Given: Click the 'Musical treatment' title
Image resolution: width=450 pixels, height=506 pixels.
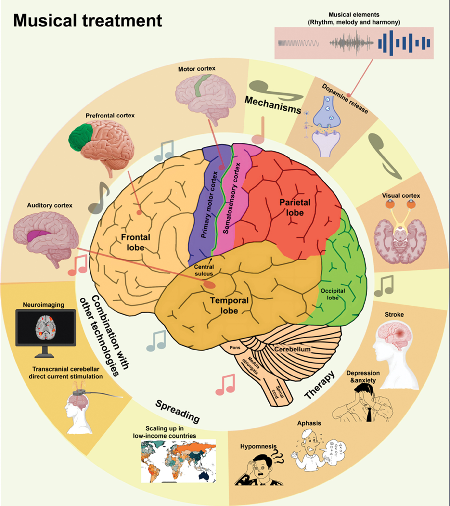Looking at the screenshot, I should pos(88,21).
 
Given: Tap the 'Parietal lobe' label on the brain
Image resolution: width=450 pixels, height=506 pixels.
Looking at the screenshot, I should pos(295,207).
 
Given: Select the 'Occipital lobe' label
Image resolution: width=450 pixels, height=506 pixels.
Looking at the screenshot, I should pos(333,294).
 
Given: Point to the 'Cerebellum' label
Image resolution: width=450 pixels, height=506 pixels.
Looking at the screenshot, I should pos(292,349).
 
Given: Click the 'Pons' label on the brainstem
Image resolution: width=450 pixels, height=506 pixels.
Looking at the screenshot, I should pos(235,348).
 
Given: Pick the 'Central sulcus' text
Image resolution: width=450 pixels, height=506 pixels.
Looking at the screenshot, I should pos(204,270).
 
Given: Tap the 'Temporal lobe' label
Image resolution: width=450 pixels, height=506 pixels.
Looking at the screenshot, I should pos(229,305).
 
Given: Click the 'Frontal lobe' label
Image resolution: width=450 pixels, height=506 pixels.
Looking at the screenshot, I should pos(135,242).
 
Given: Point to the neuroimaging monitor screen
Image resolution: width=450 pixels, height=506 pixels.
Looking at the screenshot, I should pos(46,327).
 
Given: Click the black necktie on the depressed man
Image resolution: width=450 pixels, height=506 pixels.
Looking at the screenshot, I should pos(369,414).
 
